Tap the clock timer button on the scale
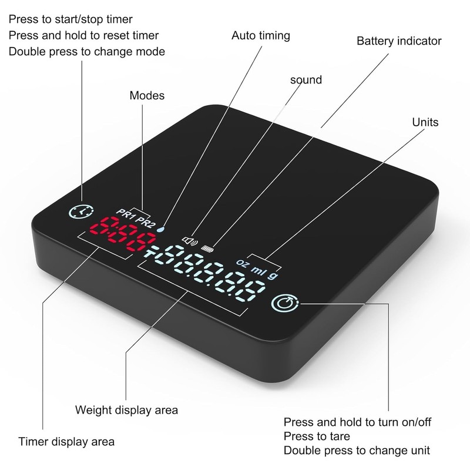pyautogui.click(x=81, y=211)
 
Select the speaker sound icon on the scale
pyautogui.click(x=190, y=241)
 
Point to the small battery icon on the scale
pyautogui.click(x=207, y=249)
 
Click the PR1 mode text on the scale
pyautogui.click(x=125, y=214)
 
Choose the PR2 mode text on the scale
pyautogui.click(x=145, y=222)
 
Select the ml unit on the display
pyautogui.click(x=258, y=270)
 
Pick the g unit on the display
pyautogui.click(x=273, y=275)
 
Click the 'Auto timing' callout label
pyautogui.click(x=261, y=36)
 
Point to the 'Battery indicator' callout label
pyautogui.click(x=399, y=41)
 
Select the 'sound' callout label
pyautogui.click(x=306, y=80)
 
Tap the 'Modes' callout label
pyautogui.click(x=147, y=96)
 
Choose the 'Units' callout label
pyautogui.click(x=425, y=122)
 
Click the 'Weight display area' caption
pyautogui.click(x=126, y=410)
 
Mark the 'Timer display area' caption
pyautogui.click(x=66, y=442)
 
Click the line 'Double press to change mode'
pyautogui.click(x=87, y=52)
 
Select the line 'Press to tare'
pyautogui.click(x=317, y=437)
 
